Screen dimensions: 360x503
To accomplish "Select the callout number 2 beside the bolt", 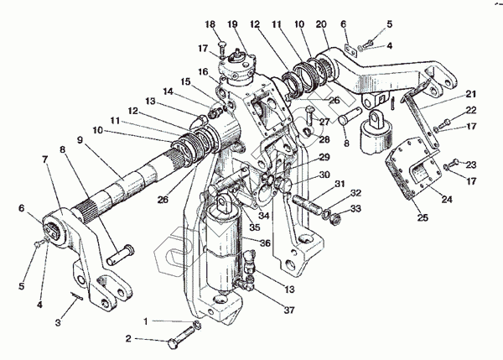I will tap(128, 339).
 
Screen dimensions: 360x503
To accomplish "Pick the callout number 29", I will tap(323, 157).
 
